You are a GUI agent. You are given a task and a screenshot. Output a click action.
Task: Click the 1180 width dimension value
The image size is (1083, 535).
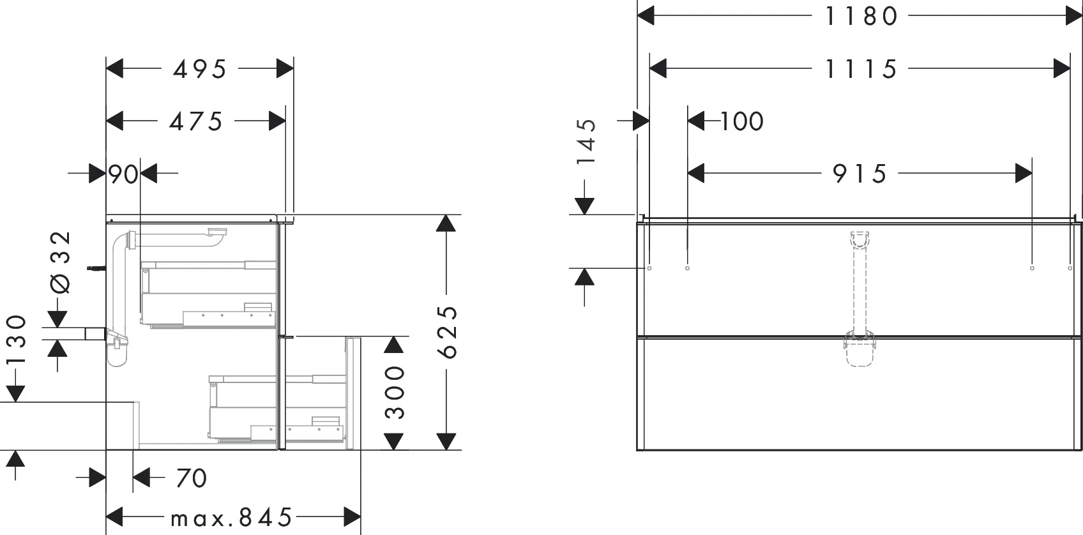point(861,16)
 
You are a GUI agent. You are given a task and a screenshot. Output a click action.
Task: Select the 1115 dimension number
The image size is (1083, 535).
point(861,68)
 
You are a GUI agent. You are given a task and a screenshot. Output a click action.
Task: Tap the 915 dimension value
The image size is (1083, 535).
point(860,173)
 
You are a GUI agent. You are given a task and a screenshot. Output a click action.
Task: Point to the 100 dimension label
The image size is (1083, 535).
point(742,121)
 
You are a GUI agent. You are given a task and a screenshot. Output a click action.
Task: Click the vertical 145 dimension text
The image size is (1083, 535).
point(586,141)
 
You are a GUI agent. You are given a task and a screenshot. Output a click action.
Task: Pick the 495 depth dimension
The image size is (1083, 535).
point(200,69)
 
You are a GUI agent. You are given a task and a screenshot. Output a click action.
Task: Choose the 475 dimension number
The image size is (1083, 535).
point(196,121)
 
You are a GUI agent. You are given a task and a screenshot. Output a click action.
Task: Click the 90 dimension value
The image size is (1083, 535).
point(123,174)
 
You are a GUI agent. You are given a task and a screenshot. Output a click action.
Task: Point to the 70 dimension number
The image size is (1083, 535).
point(191,478)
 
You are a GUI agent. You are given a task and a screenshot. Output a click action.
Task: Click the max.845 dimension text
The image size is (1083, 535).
point(231,517)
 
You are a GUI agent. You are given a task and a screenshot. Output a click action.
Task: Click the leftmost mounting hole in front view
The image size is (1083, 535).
point(649,268)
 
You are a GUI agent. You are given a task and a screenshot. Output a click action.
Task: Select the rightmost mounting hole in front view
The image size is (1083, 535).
point(1070,268)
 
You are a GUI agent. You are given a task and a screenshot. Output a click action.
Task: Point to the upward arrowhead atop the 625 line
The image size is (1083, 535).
point(446,223)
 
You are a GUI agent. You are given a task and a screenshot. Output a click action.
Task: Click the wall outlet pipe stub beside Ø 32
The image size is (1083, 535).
point(95,333)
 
